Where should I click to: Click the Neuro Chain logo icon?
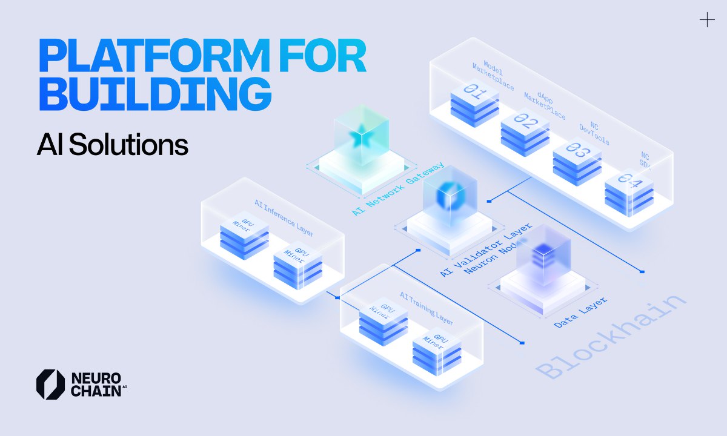[50, 384]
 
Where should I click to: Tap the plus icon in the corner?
[707, 21]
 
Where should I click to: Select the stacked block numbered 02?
[525, 128]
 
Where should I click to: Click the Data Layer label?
[580, 312]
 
